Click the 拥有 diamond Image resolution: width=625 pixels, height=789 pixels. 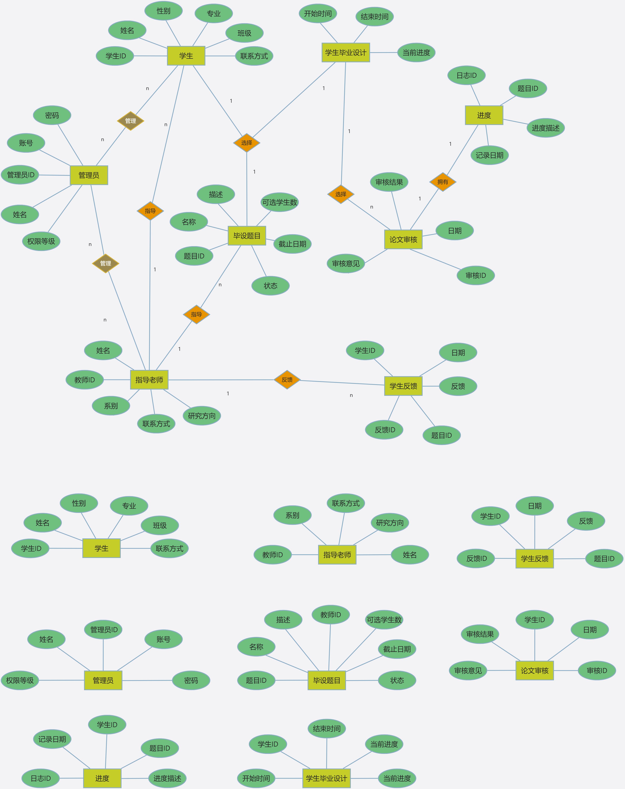pos(443,182)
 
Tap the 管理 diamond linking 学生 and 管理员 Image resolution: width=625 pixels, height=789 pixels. pos(131,121)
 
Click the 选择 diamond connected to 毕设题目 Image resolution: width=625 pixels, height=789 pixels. pos(247,143)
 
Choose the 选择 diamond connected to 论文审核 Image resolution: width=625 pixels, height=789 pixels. pos(341,194)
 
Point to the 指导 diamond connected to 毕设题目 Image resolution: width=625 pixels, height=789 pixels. pos(196,314)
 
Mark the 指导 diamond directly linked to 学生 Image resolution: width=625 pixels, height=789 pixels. pos(150,211)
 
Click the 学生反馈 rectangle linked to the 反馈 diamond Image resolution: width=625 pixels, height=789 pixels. pos(403,386)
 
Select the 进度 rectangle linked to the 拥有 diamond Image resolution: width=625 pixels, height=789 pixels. pos(484,115)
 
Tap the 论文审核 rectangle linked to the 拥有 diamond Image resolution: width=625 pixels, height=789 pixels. pos(403,239)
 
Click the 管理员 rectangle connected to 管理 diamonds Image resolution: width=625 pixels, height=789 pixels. pos(89,175)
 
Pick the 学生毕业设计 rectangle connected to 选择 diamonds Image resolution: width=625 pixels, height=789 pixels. pos(346,52)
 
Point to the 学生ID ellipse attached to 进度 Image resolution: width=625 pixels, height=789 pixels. pos(107,725)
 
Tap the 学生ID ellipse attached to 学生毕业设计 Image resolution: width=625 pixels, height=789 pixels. pos(268,744)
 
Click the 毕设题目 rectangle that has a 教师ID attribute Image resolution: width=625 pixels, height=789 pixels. pos(327,680)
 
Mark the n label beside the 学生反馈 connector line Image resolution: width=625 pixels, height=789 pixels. pos(351,395)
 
